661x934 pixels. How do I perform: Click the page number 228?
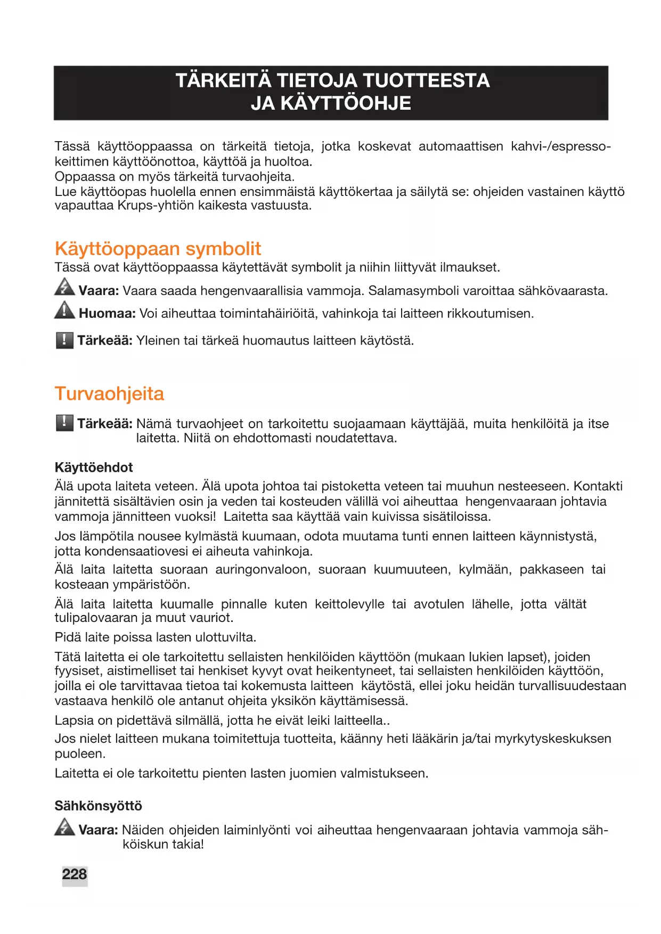point(74,874)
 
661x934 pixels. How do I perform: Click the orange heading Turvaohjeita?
point(109,394)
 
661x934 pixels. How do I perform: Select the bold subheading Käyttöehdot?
point(94,468)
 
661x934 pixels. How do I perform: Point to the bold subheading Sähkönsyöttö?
point(98,806)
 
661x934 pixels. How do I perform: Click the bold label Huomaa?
point(107,314)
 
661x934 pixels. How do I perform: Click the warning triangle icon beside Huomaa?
point(64,310)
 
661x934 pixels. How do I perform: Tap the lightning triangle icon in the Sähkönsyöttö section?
point(64,827)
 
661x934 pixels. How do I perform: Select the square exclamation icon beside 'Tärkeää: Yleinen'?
point(64,340)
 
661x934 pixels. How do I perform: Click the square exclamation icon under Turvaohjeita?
point(64,423)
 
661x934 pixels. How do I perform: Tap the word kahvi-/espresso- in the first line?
point(560,146)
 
